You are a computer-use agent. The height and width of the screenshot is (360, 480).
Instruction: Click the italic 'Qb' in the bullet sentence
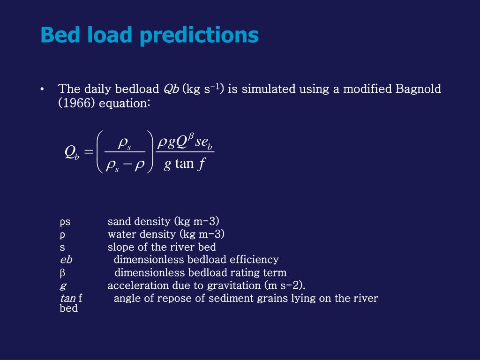(x=171, y=89)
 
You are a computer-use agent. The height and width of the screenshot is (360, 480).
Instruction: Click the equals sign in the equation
(x=89, y=152)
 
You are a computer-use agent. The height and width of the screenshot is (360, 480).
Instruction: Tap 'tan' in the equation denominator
(x=184, y=164)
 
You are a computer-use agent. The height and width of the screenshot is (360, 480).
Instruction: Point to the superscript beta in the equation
(x=191, y=135)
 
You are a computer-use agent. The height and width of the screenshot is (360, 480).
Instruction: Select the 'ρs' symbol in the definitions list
(x=65, y=221)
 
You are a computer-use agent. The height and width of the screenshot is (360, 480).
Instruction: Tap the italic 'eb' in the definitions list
(x=66, y=260)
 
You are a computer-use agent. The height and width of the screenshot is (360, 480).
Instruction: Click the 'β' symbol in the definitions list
(x=62, y=273)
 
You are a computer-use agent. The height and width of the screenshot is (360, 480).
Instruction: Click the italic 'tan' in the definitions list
(x=68, y=298)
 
